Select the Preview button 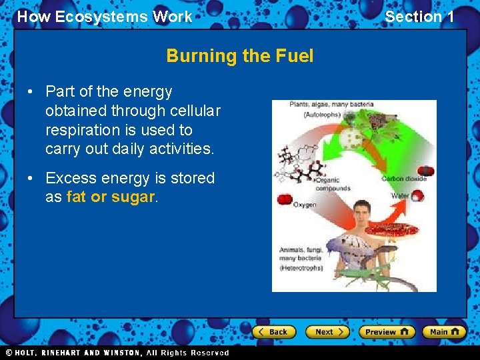(x=387, y=331)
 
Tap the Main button (x=445, y=331)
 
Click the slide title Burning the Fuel (x=239, y=56)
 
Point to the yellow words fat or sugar (x=111, y=197)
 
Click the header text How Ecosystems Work (x=104, y=17)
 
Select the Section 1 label (x=419, y=17)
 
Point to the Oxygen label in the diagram (x=305, y=205)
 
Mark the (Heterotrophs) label (x=301, y=267)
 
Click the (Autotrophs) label (x=323, y=115)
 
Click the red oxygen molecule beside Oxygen (x=285, y=199)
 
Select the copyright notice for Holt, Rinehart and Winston (x=117, y=353)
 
